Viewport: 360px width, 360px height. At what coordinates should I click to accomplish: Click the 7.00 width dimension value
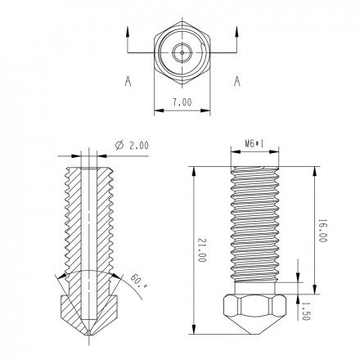(x=182, y=103)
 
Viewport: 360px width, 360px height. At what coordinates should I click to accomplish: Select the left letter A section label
(x=128, y=81)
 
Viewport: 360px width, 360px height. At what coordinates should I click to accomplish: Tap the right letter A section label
(x=236, y=81)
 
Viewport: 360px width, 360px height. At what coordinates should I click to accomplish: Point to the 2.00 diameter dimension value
(x=137, y=145)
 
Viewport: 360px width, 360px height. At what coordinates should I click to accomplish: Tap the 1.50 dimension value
(x=306, y=313)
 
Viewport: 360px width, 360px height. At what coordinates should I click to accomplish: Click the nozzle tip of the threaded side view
(x=258, y=335)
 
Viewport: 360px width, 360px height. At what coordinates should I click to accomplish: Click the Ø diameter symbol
(x=120, y=145)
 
